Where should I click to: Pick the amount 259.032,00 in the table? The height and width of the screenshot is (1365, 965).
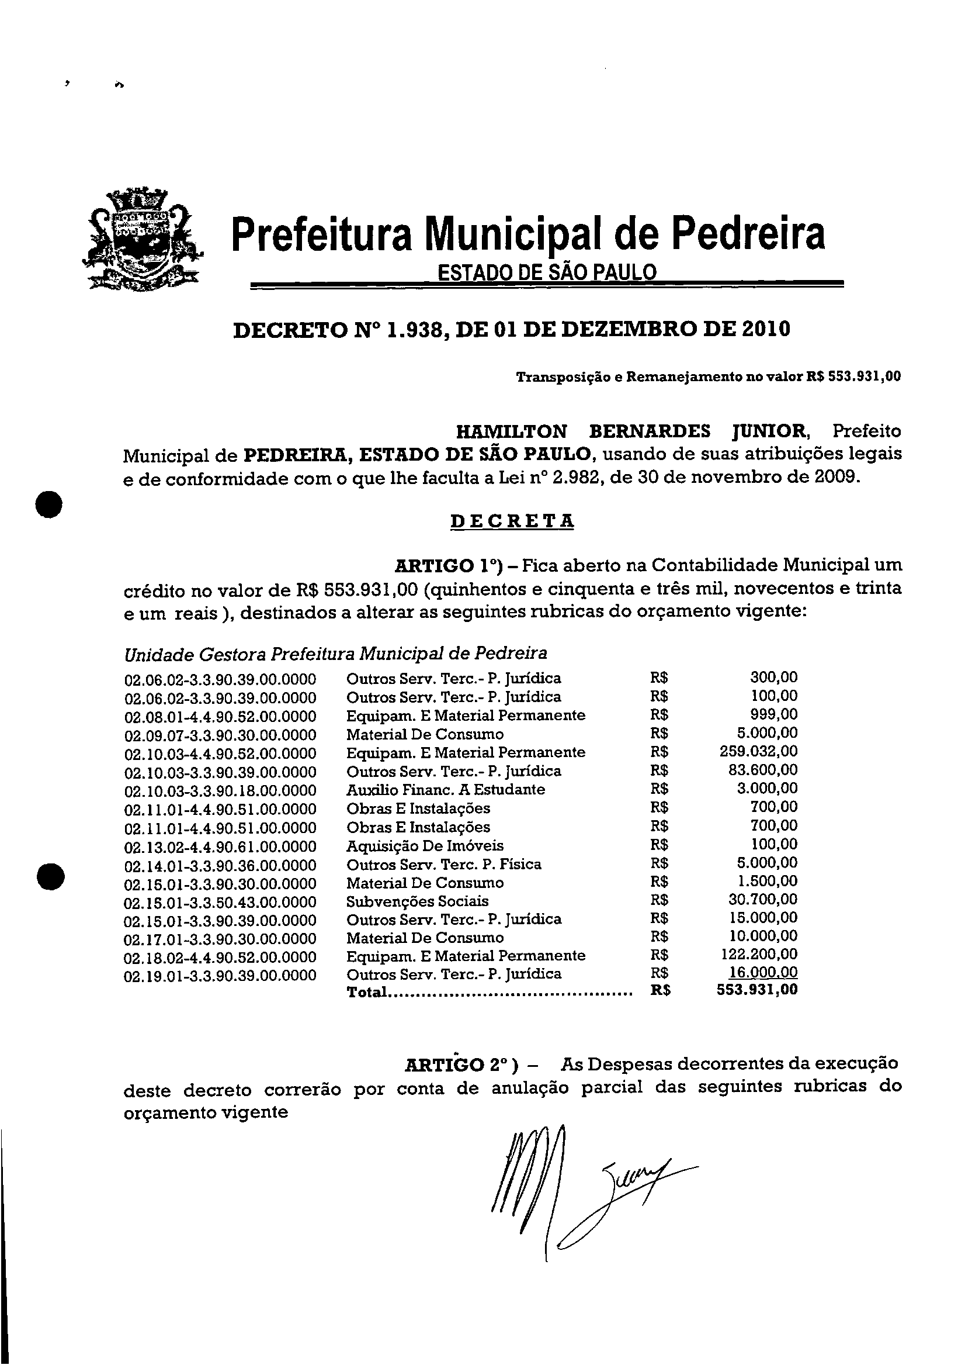(x=758, y=751)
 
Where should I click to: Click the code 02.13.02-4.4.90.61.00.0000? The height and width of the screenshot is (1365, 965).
(x=220, y=846)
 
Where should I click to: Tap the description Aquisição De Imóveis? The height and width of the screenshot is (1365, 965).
(x=425, y=846)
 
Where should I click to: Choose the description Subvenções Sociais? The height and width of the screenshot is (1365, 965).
(x=417, y=901)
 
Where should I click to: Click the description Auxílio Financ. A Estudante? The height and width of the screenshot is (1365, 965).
(x=446, y=790)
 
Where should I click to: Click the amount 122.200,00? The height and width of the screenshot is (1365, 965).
(x=758, y=955)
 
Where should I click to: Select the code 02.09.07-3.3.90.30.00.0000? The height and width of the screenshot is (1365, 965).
(x=220, y=735)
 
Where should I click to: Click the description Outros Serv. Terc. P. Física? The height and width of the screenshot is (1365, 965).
(x=444, y=865)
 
